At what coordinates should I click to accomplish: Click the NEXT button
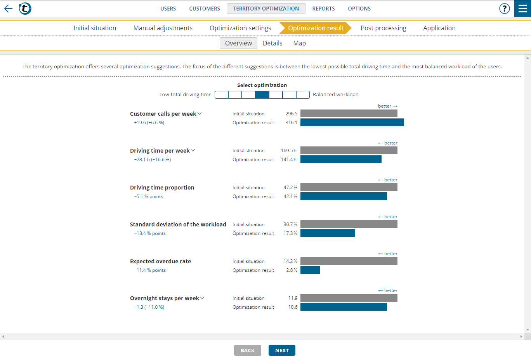[282, 350]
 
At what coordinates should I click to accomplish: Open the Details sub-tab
[272, 43]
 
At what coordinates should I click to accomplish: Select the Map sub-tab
[299, 43]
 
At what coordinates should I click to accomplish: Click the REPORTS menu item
[323, 9]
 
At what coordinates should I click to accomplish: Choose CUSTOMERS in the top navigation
[205, 9]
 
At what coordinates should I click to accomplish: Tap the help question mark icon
[504, 9]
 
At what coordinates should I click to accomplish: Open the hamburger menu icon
[522, 9]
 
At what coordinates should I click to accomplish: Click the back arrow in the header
[8, 9]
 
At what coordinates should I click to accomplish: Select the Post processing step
[383, 28]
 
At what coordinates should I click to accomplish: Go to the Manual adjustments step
[163, 28]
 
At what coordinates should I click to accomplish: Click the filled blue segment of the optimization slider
[262, 95]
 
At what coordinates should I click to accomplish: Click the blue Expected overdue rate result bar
[310, 270]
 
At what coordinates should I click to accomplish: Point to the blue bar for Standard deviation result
[328, 233]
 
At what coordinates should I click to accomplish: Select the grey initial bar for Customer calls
[349, 113]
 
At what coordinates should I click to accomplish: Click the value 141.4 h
[288, 160]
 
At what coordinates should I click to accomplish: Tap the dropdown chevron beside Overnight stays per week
[202, 298]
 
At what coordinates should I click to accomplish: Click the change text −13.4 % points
[150, 233]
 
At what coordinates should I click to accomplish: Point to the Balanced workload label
[335, 95]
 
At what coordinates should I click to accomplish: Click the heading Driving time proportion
[162, 188]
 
